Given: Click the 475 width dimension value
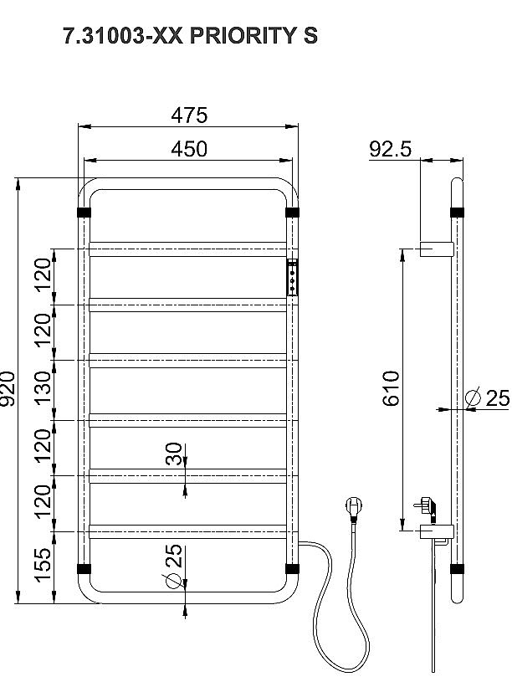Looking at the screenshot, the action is pos(189,115).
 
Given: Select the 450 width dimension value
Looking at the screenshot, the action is pos(189,149).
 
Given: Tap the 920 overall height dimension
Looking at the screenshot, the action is pos(8,388).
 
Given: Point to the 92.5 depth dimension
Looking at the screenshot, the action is pos(390,149).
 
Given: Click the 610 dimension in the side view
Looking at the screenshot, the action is pos(391,388).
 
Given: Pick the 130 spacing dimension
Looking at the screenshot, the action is pos(44,388).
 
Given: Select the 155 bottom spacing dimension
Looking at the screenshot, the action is pos(44,565).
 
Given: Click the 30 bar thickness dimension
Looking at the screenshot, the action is pos(174,454).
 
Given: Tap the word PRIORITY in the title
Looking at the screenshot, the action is pos(243,36).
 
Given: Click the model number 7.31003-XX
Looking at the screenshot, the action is pos(123,36).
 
